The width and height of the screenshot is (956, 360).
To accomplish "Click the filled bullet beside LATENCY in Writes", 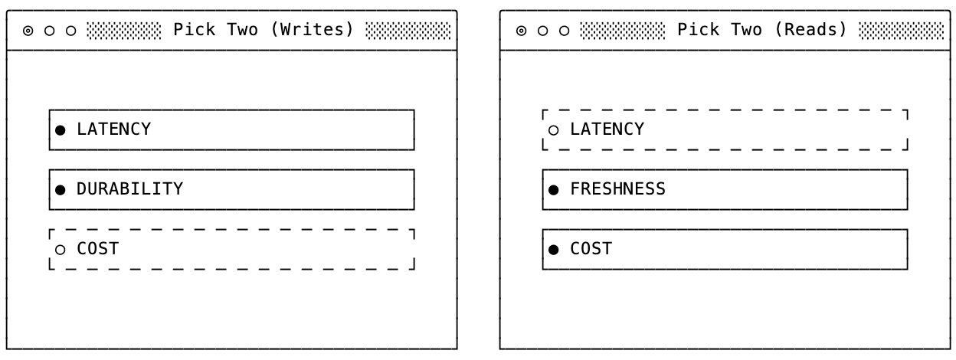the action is (x=61, y=130).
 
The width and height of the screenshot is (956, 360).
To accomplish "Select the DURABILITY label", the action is (x=129, y=189).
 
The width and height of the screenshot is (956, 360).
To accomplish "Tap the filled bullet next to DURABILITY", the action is (x=61, y=190).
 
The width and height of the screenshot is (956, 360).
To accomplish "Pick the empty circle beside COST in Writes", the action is (x=61, y=250).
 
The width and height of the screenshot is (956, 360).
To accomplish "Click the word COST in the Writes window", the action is (x=98, y=249).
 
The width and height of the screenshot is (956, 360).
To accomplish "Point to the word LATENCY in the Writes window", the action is (x=114, y=129).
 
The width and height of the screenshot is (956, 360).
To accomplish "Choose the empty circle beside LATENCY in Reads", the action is (x=554, y=130).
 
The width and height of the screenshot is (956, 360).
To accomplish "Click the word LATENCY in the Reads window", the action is (x=607, y=129).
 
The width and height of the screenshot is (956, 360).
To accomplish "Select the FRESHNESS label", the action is (x=618, y=189).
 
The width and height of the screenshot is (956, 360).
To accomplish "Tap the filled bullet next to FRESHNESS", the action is (x=554, y=190).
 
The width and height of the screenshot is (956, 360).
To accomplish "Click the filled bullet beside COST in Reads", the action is (x=554, y=250).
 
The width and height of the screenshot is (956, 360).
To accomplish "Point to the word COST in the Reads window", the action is (x=591, y=249).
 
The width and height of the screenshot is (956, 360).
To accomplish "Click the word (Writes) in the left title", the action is (x=313, y=30).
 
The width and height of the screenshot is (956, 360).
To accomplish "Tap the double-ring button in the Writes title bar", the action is (x=28, y=31).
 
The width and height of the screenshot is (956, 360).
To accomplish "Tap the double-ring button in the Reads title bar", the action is (x=521, y=31).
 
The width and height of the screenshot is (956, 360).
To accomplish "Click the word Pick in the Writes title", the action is (x=195, y=30).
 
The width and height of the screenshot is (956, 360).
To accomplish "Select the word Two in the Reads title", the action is (x=746, y=30).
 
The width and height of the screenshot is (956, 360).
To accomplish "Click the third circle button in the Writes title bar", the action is (x=71, y=31).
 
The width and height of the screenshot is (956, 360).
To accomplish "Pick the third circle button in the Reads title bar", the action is (x=565, y=31).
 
